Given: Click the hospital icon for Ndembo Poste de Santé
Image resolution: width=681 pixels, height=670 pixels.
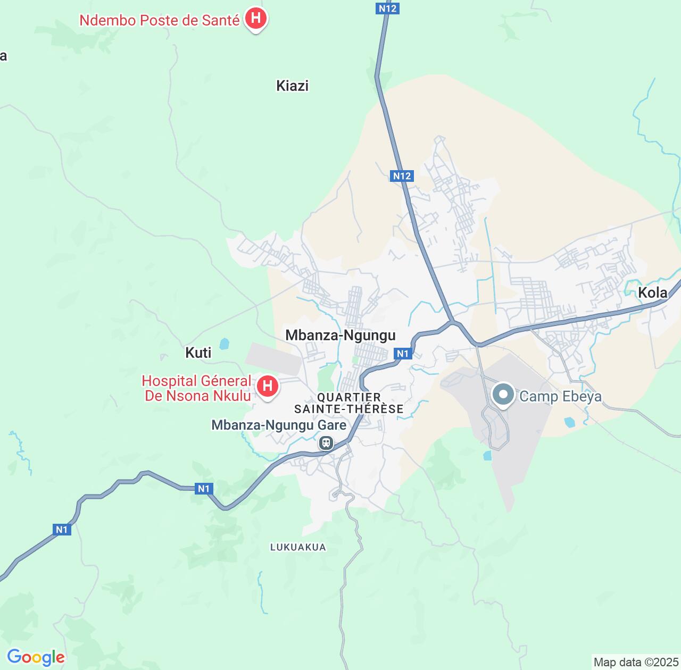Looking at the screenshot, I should (x=256, y=19).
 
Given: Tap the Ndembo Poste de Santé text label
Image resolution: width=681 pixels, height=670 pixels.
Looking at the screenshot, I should (x=159, y=20).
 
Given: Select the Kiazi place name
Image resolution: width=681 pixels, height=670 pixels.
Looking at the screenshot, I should (x=292, y=86).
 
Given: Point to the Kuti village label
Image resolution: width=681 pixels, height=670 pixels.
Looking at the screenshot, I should (x=198, y=353).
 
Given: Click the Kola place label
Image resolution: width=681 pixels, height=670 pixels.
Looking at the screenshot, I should (x=652, y=292).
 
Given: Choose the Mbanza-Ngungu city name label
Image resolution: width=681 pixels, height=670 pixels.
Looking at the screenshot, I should (x=340, y=335).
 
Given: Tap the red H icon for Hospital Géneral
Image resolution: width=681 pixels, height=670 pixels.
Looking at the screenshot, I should (x=268, y=386).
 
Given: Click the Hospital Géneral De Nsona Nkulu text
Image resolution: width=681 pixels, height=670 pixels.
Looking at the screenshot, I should (x=196, y=388).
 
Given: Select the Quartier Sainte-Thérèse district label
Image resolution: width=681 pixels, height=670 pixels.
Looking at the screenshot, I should (x=349, y=403).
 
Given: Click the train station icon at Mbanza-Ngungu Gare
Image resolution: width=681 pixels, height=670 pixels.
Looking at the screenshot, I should (x=326, y=442).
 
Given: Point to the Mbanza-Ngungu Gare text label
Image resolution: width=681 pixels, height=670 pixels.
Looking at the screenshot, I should (x=279, y=425).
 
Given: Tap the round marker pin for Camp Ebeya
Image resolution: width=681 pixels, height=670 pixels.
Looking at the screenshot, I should (x=503, y=395).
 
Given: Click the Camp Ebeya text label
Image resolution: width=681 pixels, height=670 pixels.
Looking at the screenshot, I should (x=560, y=396).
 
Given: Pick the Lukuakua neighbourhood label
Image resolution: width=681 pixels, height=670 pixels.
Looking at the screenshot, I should (x=298, y=547).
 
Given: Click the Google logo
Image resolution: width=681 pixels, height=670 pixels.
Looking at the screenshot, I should (x=36, y=657).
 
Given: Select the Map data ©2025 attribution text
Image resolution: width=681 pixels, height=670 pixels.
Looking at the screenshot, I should (x=635, y=663).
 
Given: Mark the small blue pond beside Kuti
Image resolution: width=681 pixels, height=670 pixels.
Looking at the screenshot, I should (x=224, y=344).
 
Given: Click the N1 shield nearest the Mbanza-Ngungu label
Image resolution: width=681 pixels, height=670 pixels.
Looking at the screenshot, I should (x=403, y=354).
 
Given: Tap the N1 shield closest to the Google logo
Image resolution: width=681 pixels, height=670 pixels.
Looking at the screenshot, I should (x=62, y=529).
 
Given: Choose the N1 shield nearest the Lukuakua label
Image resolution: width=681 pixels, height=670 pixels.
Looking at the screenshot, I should (x=204, y=489).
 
